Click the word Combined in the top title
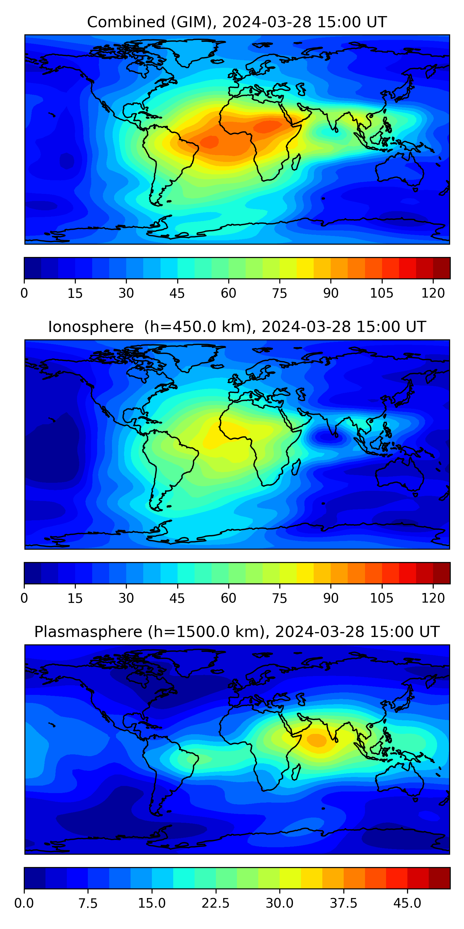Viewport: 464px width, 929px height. pyautogui.click(x=127, y=22)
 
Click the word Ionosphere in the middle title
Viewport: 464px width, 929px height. pyautogui.click(x=91, y=327)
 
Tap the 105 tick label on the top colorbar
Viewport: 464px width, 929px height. pyautogui.click(x=382, y=293)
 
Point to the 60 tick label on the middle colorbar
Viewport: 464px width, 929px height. pyautogui.click(x=228, y=598)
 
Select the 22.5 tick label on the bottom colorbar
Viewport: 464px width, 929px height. pyautogui.click(x=215, y=903)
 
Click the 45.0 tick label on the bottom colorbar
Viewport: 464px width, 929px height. pyautogui.click(x=407, y=903)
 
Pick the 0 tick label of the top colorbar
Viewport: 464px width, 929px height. pyautogui.click(x=24, y=293)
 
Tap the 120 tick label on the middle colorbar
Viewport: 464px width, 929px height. pyautogui.click(x=433, y=598)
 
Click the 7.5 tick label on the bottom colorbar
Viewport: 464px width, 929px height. pyautogui.click(x=88, y=903)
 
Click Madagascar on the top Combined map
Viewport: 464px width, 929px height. pyautogui.click(x=296, y=162)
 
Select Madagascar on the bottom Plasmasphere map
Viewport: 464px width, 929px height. pyautogui.click(x=296, y=772)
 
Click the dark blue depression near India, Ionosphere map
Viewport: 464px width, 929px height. pyautogui.click(x=327, y=437)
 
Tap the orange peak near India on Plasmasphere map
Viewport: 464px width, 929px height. pyautogui.click(x=316, y=740)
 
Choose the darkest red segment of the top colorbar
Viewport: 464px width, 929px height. pyautogui.click(x=441, y=268)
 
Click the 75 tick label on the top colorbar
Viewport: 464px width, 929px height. pyautogui.click(x=280, y=293)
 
